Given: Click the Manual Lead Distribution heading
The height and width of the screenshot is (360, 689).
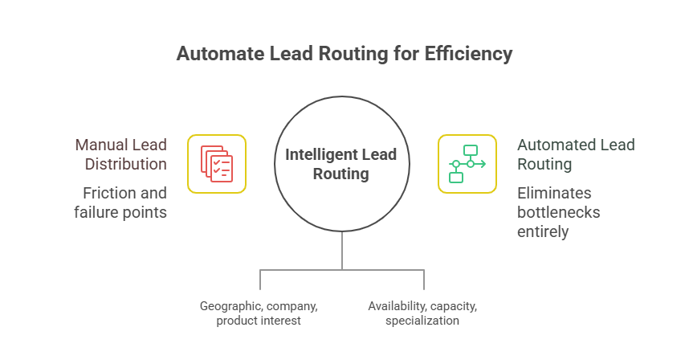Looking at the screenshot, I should pos(121,154).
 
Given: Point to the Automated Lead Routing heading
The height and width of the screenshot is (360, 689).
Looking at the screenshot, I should pos(575,154).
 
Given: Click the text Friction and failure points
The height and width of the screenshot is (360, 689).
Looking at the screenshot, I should pos(125,202).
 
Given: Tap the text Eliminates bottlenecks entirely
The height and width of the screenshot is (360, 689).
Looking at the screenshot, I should pos(558,212).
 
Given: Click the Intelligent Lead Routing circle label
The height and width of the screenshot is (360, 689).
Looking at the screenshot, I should pos(341,163).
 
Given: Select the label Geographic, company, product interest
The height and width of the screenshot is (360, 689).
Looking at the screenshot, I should pos(259,313).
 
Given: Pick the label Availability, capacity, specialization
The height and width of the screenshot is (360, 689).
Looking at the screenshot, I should pos(422,313).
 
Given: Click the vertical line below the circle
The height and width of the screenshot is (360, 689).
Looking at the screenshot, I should pos(342,251).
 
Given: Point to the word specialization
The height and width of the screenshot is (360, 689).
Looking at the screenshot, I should pos(422,321).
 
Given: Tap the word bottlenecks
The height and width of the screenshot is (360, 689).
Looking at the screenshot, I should pos(558,212).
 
